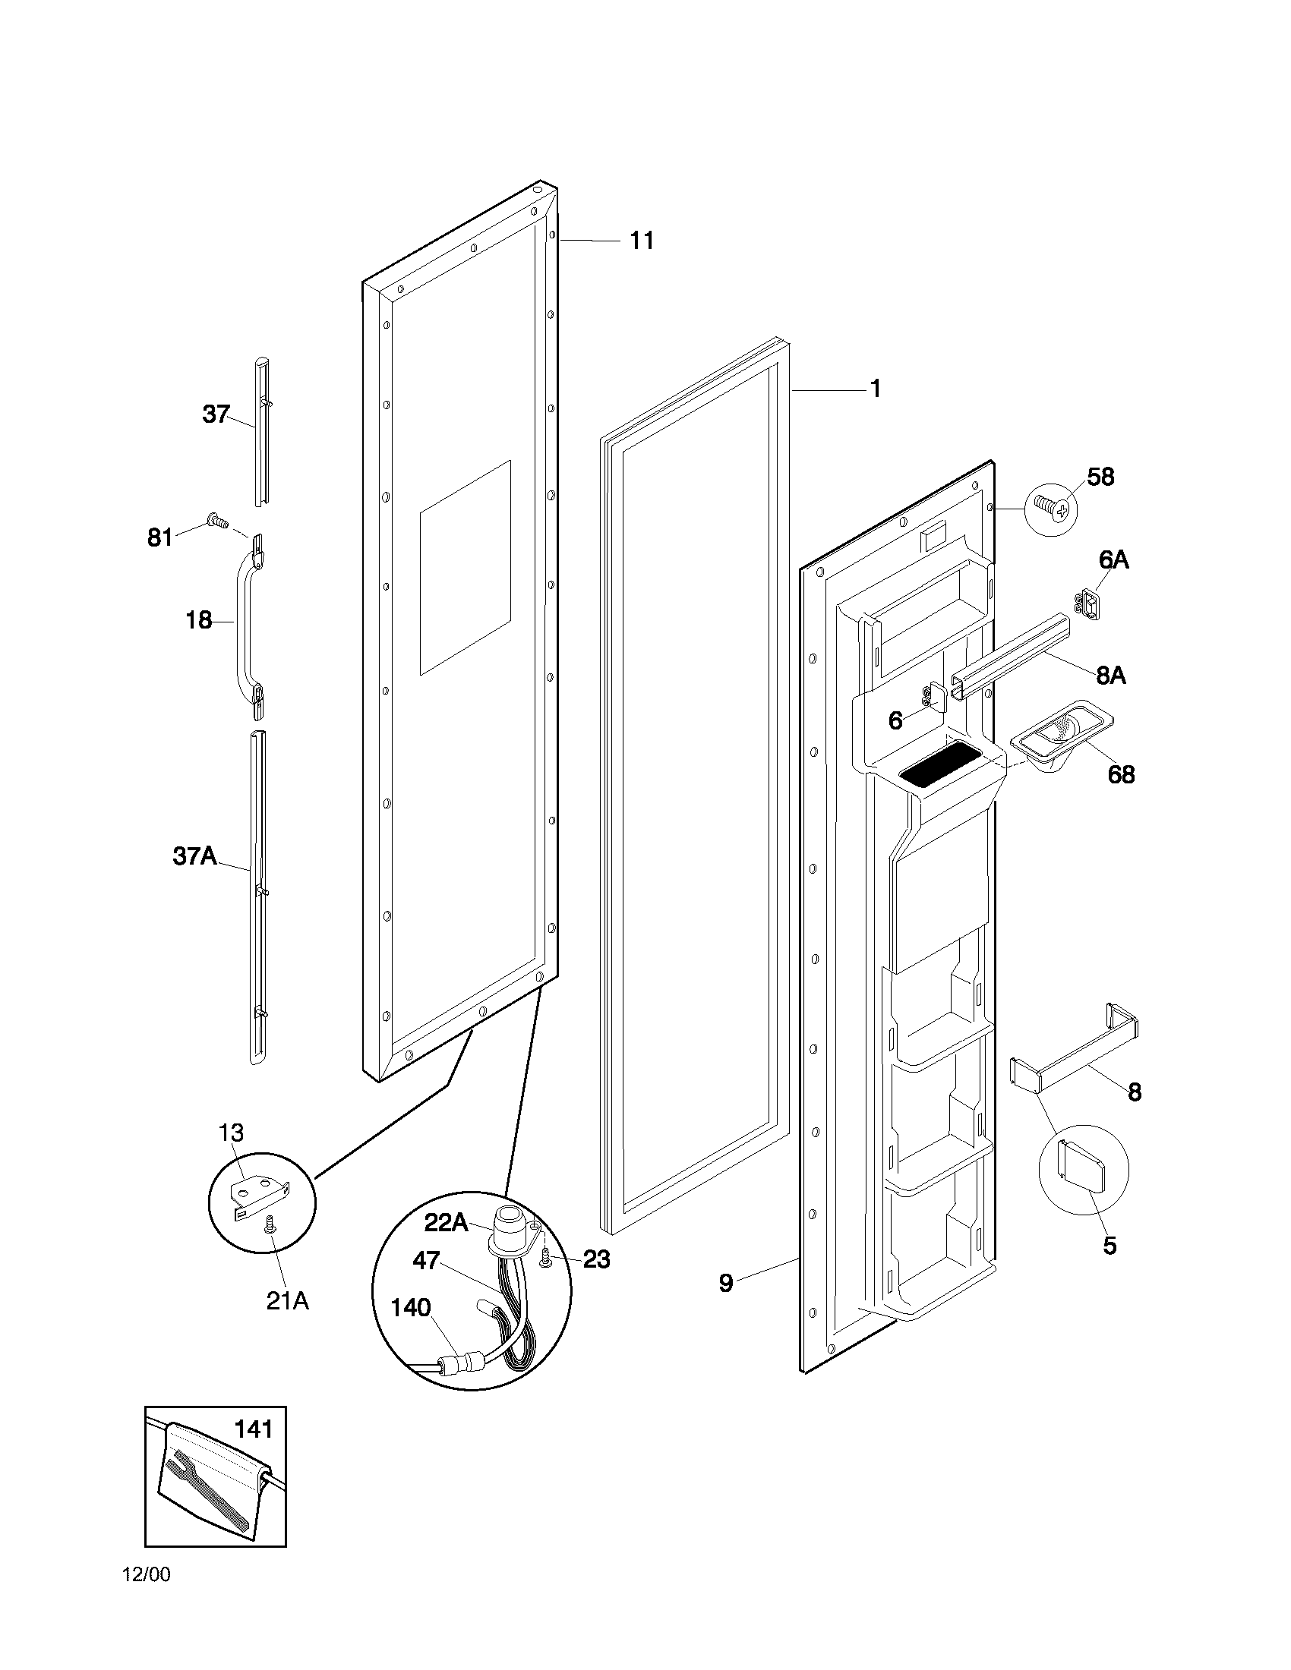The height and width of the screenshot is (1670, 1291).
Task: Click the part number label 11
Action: point(641,241)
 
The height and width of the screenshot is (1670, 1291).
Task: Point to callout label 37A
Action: point(194,856)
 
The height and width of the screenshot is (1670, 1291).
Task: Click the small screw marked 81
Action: point(217,522)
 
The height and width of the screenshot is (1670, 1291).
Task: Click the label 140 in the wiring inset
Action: point(411,1309)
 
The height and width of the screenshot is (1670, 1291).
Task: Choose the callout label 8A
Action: point(1110,676)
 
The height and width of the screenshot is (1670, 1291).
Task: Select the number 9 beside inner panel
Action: point(725,1282)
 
